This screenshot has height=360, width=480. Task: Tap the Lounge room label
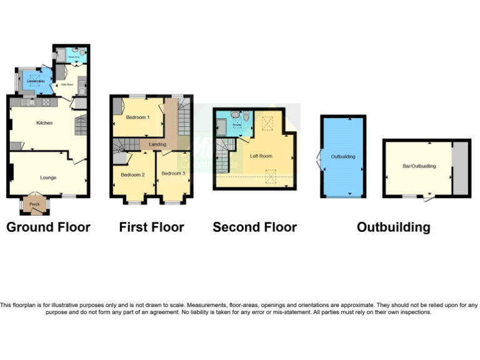coord(49,177)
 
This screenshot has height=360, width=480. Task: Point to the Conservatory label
coord(33,81)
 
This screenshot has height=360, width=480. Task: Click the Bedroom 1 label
coord(137,117)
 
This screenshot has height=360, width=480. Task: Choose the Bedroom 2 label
coord(132,175)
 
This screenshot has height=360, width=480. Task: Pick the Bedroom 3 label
coord(173,173)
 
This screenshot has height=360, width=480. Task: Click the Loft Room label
coord(261,156)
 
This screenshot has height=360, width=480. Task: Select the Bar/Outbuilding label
coord(419,166)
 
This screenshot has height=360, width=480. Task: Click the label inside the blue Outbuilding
coord(343,156)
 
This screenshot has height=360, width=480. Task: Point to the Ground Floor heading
coord(48,227)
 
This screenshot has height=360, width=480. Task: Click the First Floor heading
coord(152,227)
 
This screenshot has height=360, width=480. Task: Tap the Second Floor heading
coord(254,227)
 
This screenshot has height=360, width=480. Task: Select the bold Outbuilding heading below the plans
coord(393,227)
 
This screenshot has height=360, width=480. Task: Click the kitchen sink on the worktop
coord(30,102)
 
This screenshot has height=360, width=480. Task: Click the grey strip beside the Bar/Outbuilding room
coord(461,167)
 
